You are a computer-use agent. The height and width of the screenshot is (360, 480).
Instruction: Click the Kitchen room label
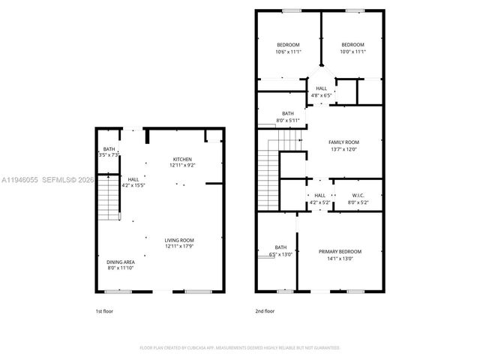tap(183, 162)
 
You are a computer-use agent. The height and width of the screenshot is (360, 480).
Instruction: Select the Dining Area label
tap(120, 265)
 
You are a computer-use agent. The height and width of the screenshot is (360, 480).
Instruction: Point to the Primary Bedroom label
tap(340, 254)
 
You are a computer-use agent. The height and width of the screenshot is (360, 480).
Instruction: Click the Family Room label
tap(343, 145)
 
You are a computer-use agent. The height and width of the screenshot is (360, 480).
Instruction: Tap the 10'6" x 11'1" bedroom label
tap(288, 48)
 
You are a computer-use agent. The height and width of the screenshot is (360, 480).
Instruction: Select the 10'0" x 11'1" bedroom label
tap(352, 48)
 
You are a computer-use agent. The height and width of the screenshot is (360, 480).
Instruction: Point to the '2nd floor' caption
tap(265, 310)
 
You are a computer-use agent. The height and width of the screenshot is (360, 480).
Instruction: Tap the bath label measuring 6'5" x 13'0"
tap(280, 250)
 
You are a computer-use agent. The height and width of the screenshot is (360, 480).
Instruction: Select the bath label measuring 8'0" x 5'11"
tap(288, 117)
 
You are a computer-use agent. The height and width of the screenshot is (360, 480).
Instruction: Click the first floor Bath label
tap(109, 152)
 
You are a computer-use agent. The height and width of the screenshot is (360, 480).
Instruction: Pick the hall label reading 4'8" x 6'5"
tap(321, 91)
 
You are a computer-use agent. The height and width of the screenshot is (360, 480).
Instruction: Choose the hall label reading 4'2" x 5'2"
tap(319, 199)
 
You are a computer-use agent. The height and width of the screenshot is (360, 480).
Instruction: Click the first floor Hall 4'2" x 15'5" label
tap(133, 182)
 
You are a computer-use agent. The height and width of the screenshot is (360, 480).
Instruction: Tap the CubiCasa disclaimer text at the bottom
tap(240, 347)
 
